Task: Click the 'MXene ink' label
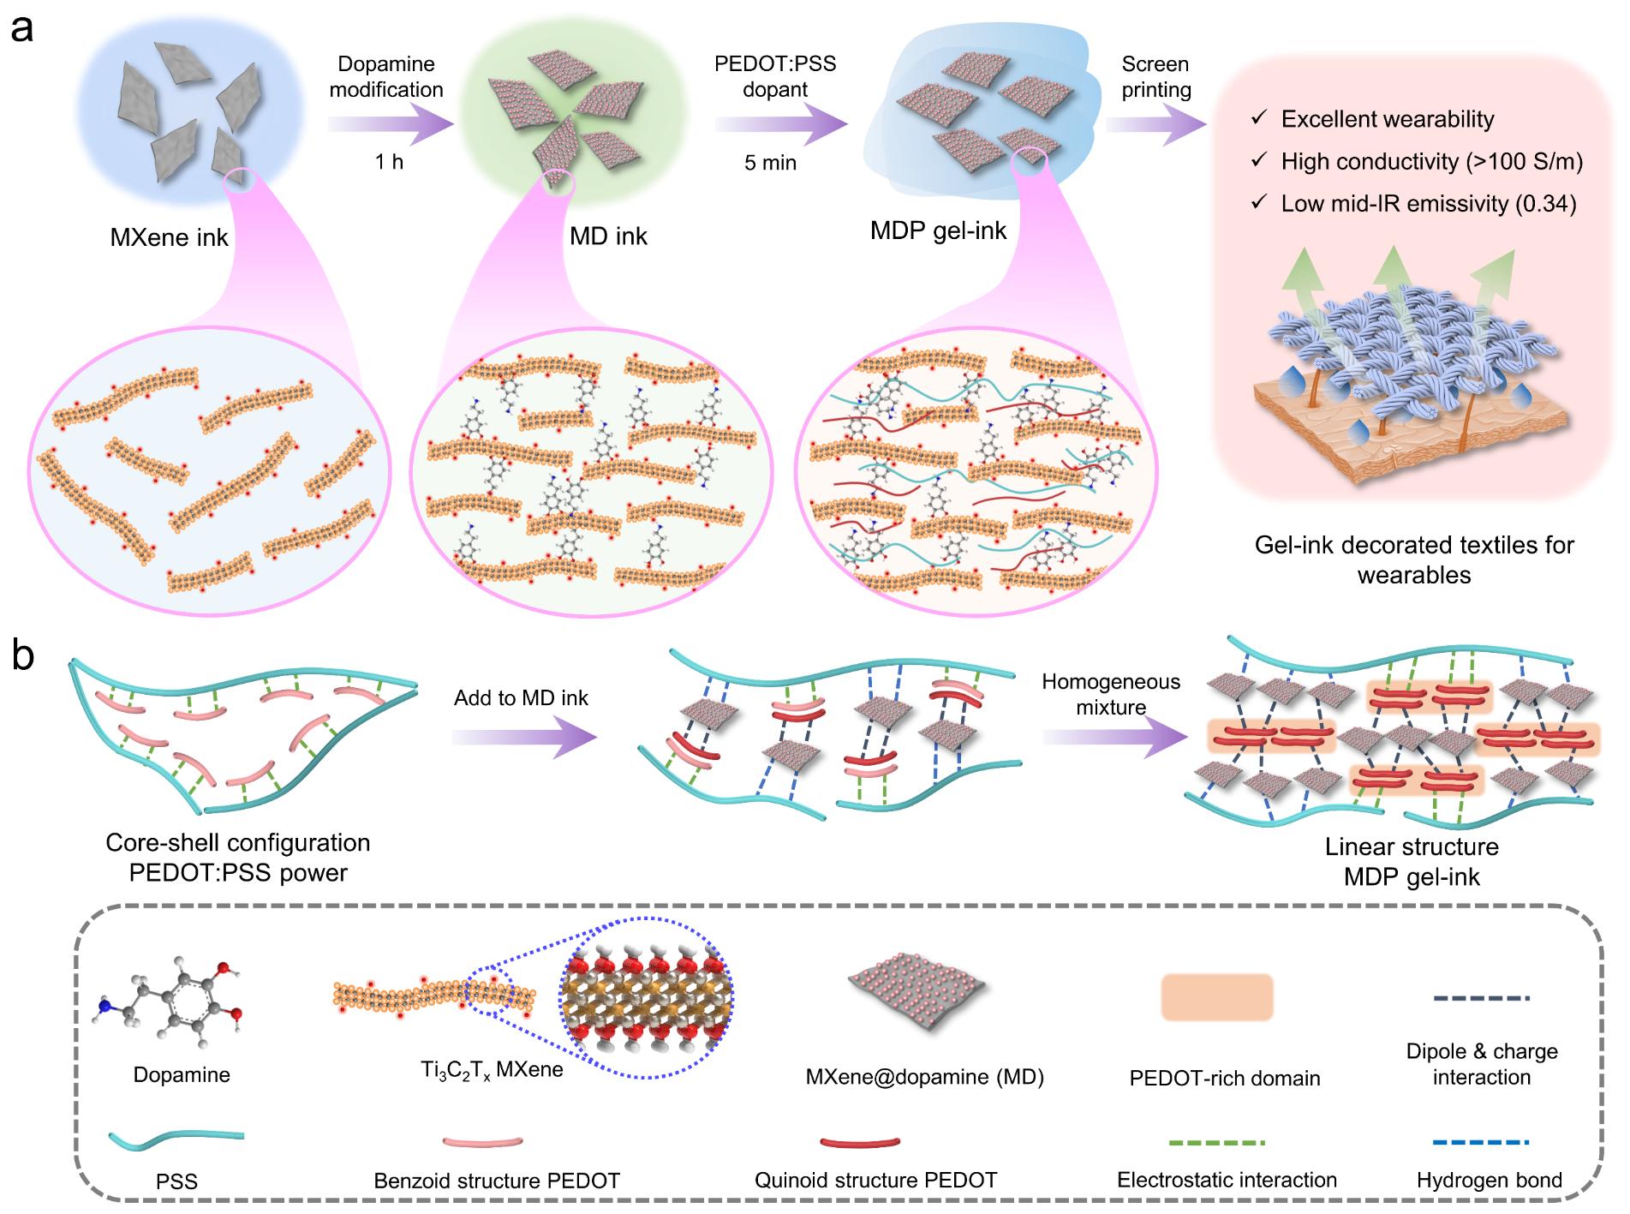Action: pos(169,237)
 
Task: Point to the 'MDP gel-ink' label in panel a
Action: pos(938,230)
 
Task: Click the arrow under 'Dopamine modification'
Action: pos(390,125)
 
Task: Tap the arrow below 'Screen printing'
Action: pos(1155,125)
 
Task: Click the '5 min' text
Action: pos(770,163)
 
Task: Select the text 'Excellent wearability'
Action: pos(1387,119)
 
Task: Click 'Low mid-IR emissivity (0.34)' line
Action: pos(1428,204)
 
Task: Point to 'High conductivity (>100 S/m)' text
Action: pos(1431,161)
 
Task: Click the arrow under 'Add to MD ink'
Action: pos(523,738)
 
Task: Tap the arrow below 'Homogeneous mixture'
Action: pos(1113,738)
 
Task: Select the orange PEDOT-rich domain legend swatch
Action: pos(1216,997)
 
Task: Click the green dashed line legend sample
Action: pos(1217,1142)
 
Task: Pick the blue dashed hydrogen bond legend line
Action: pos(1482,1142)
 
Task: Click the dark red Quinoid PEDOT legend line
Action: pos(860,1142)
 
